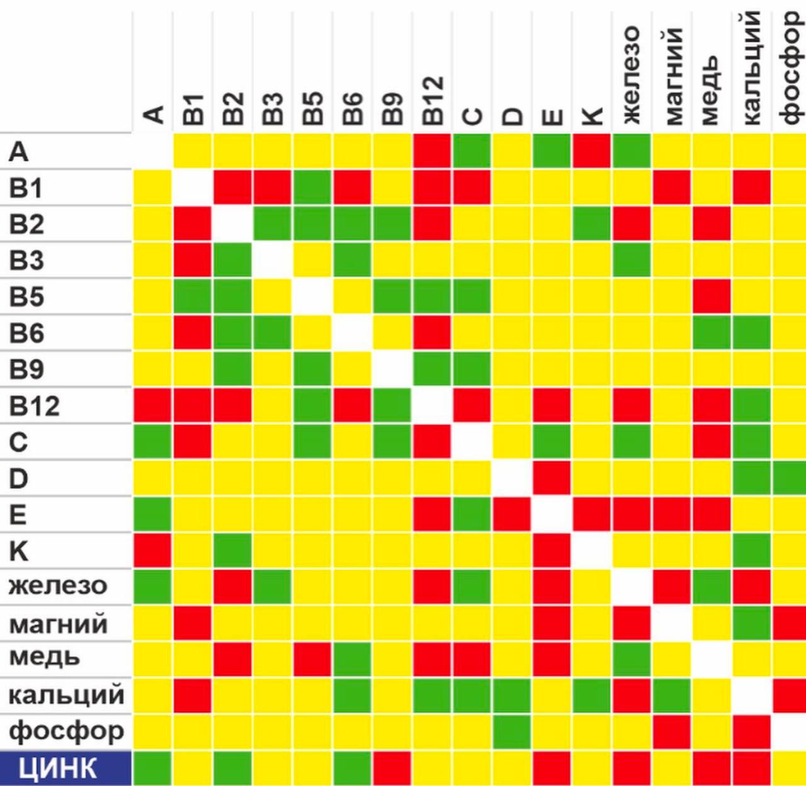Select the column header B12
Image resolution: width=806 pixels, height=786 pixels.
pyautogui.click(x=433, y=101)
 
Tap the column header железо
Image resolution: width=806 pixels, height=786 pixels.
pyautogui.click(x=631, y=76)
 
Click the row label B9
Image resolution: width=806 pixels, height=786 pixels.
pyautogui.click(x=26, y=369)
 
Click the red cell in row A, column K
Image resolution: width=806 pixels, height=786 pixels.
pyautogui.click(x=592, y=151)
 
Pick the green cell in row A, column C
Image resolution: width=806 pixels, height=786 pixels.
pyautogui.click(x=472, y=151)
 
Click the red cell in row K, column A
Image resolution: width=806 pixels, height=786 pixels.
pyautogui.click(x=152, y=551)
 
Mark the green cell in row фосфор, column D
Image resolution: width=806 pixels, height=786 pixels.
pyautogui.click(x=512, y=732)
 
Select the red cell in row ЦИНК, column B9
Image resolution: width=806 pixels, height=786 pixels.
pyautogui.click(x=392, y=768)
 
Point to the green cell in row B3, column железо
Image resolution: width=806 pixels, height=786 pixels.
pyautogui.click(x=632, y=261)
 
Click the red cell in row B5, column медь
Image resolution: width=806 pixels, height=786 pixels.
pyautogui.click(x=712, y=296)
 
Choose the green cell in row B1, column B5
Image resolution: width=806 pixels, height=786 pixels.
pyautogui.click(x=312, y=188)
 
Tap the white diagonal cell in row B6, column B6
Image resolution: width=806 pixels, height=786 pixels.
pyautogui.click(x=353, y=333)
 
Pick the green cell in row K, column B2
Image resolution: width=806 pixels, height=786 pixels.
pyautogui.click(x=233, y=551)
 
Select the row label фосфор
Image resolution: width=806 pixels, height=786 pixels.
pyautogui.click(x=66, y=732)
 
